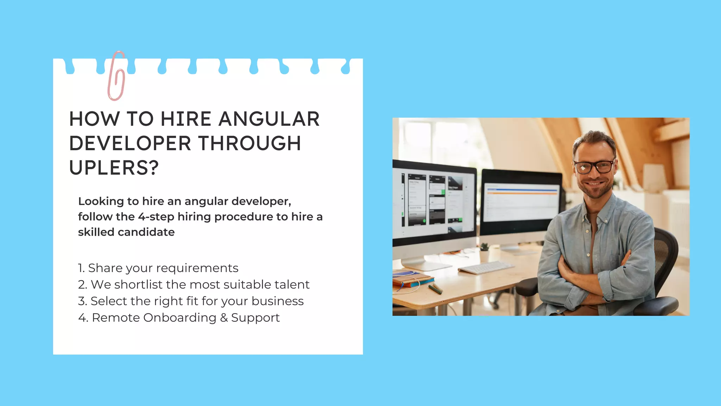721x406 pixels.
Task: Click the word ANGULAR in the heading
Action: [269, 119]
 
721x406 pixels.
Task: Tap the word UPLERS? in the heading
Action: [114, 168]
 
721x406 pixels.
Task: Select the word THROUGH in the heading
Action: [250, 143]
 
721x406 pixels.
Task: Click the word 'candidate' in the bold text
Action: [146, 232]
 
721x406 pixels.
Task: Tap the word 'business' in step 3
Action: [277, 301]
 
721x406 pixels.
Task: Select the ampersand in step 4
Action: [224, 318]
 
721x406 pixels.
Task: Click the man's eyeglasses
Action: [594, 167]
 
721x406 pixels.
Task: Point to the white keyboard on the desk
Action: [485, 267]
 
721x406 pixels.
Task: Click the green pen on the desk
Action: [435, 289]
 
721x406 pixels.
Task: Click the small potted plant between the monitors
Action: [485, 247]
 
